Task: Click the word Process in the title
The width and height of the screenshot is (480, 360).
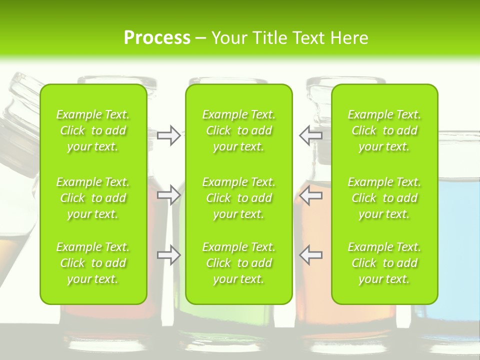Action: click(157, 38)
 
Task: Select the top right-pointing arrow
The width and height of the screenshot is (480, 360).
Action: click(168, 135)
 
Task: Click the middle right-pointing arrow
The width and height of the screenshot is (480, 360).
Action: click(168, 195)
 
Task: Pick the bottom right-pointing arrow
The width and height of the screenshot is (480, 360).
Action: click(168, 255)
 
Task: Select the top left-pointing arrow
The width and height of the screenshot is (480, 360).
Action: click(311, 135)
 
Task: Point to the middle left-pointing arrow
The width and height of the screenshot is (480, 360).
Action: click(311, 195)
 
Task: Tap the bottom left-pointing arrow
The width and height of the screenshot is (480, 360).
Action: click(311, 255)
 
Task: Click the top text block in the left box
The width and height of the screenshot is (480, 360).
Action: click(93, 130)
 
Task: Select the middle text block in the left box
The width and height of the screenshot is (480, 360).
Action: click(93, 198)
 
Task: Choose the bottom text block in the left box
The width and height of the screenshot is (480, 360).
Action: click(93, 263)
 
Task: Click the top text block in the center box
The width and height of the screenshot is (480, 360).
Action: click(239, 130)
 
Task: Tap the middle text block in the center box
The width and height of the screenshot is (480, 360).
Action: click(239, 198)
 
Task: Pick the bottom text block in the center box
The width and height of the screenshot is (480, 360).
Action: click(239, 263)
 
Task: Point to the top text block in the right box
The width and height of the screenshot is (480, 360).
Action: click(384, 130)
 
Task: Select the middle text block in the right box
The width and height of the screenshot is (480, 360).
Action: click(384, 198)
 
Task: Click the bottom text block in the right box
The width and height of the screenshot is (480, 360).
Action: click(384, 263)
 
